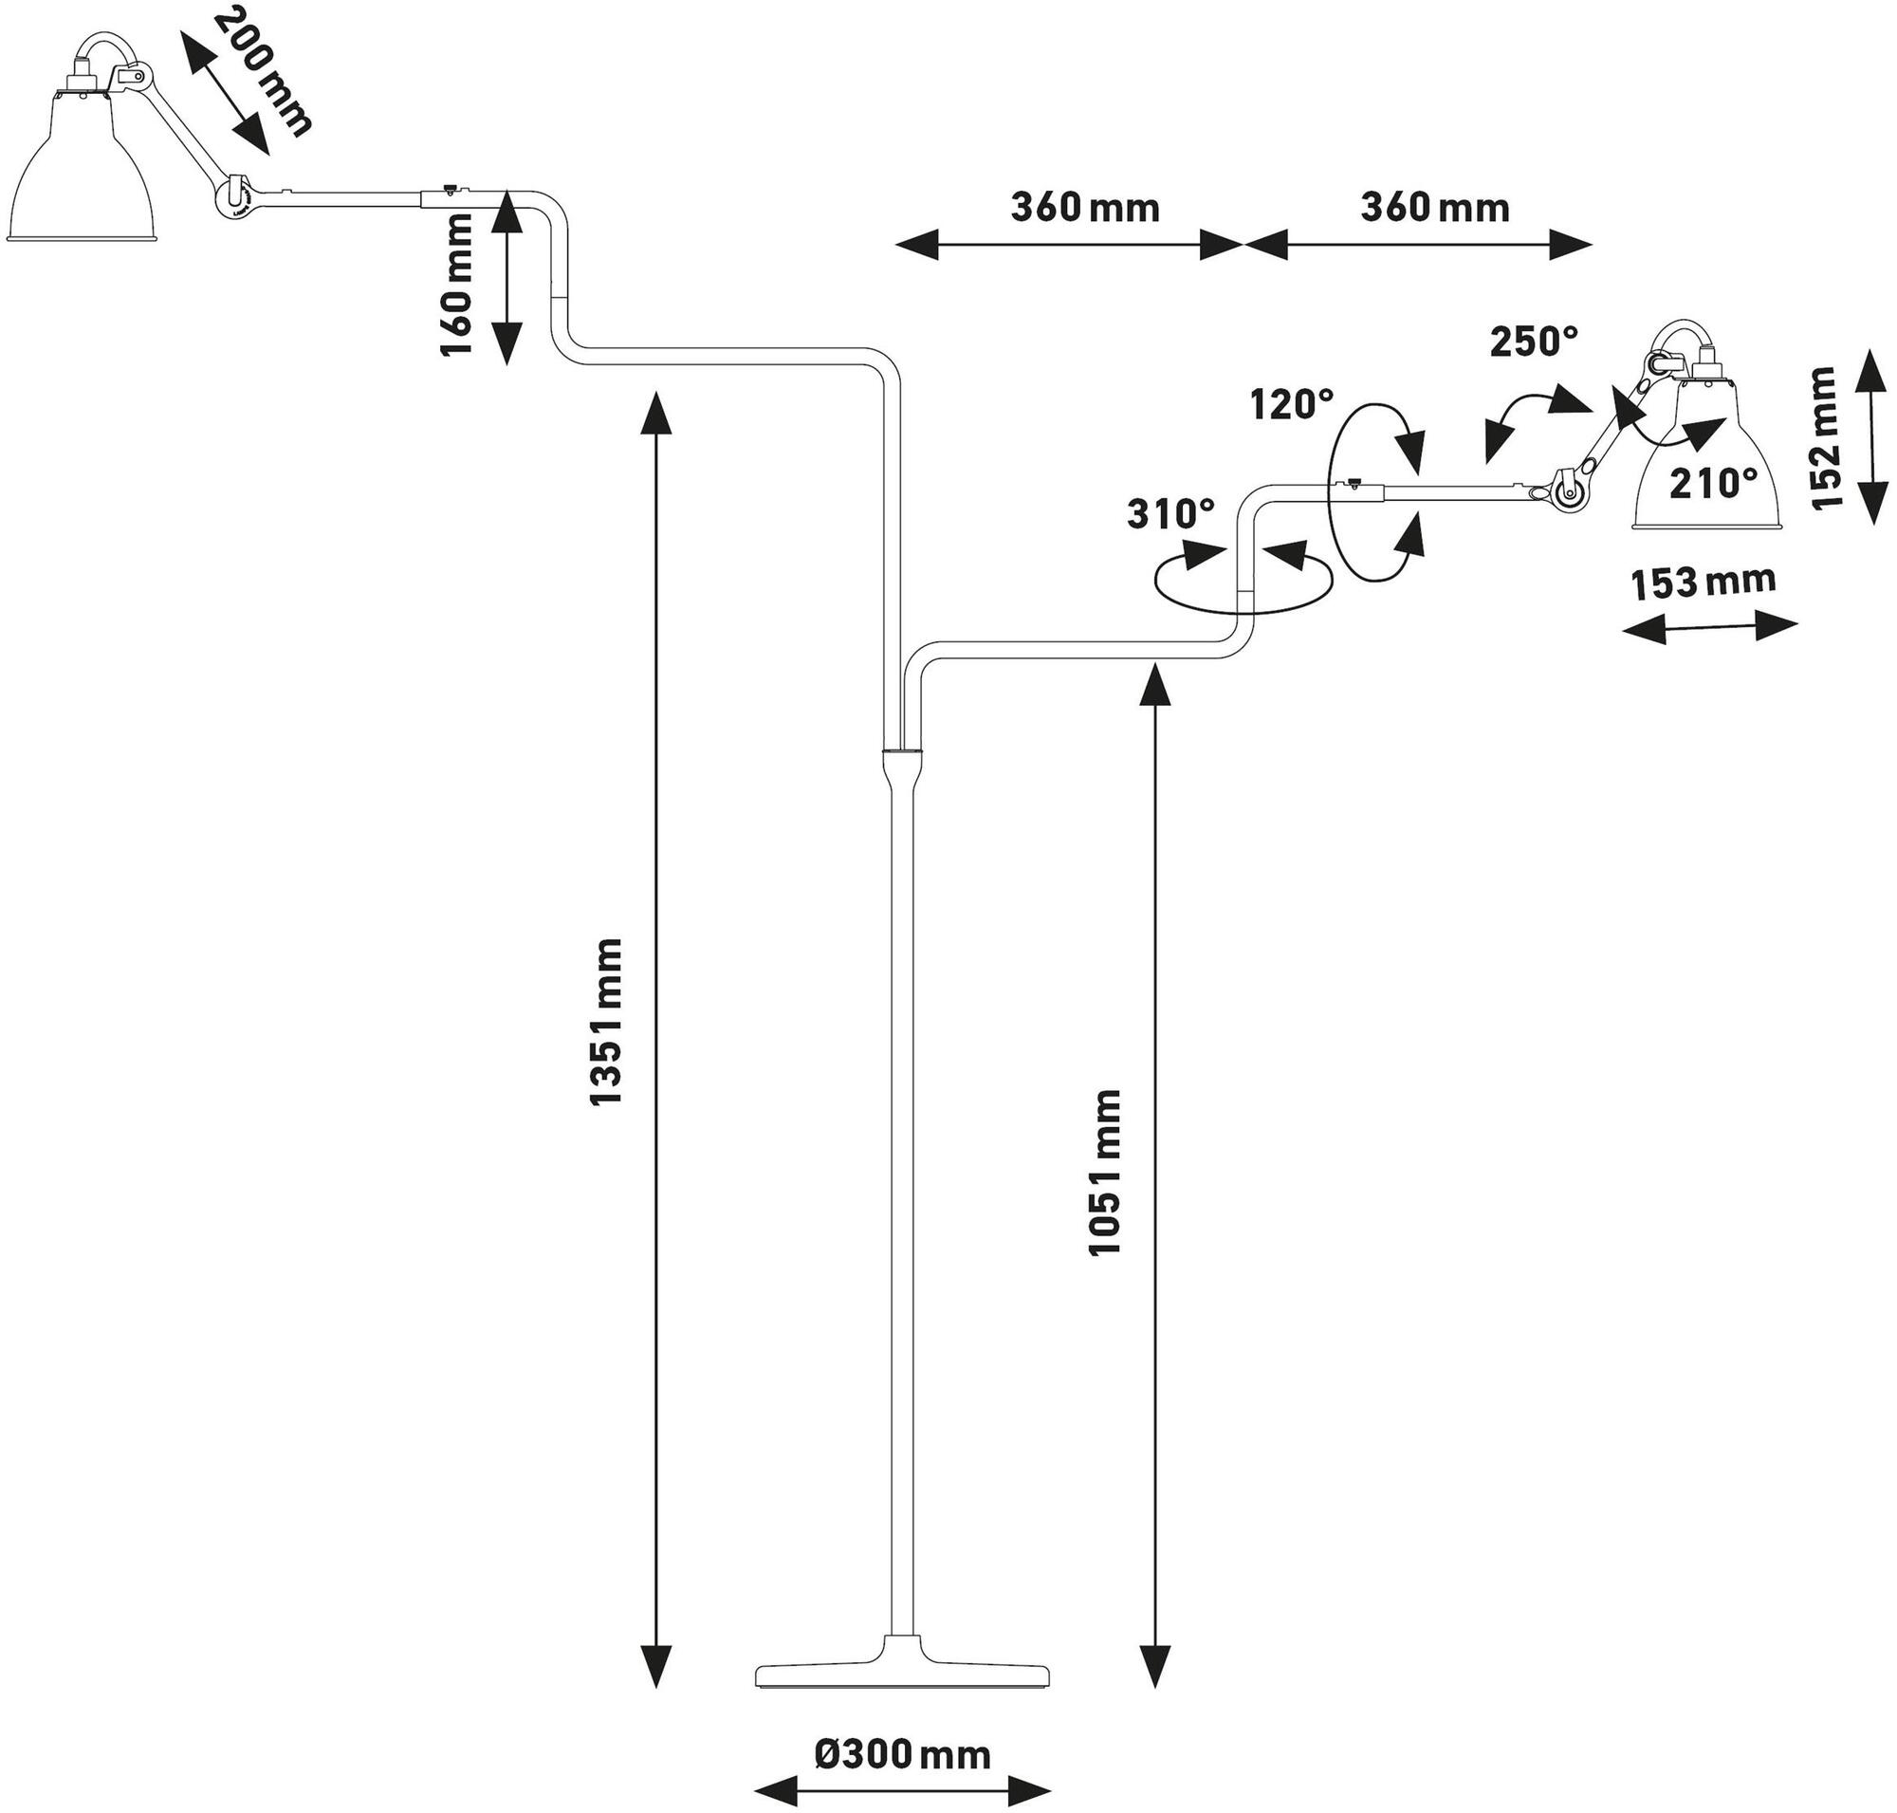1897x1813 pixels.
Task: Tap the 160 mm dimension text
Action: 457,286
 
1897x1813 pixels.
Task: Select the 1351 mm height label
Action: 607,1023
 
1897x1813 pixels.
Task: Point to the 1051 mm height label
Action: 1105,1173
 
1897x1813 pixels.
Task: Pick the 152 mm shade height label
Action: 1825,437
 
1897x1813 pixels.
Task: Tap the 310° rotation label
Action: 1170,514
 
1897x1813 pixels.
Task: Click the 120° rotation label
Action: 1292,404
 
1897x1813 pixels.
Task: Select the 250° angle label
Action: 1534,342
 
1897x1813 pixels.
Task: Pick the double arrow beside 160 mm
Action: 507,277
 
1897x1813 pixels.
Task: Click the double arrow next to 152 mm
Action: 1872,436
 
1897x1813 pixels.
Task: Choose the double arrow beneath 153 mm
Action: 1708,627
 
